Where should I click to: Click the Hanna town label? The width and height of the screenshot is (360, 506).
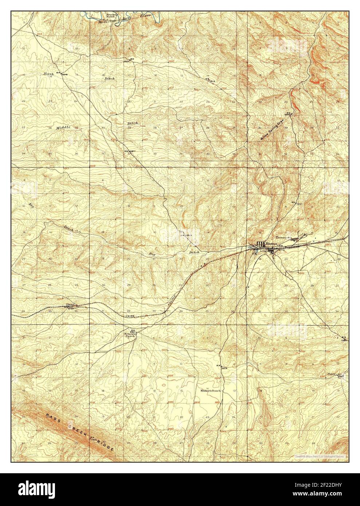272,244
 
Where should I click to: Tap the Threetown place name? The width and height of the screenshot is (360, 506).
284,237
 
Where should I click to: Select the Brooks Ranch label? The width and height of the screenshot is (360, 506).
111,16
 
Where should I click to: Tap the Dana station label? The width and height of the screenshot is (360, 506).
70,305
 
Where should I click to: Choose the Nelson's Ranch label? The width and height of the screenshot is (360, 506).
130,335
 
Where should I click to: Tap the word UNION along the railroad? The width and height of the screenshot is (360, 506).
135,316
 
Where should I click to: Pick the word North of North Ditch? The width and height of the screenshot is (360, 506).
49,74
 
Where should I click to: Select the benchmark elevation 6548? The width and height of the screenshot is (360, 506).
65,74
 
